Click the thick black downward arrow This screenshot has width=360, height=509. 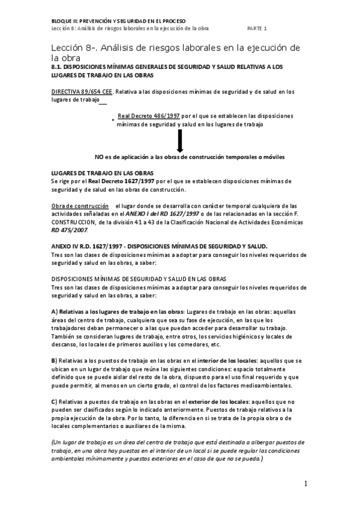[x=179, y=142]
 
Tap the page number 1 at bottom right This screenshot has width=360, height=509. [x=305, y=484]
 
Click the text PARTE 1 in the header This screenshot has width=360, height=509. [x=257, y=28]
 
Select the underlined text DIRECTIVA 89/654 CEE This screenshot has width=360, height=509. [x=82, y=92]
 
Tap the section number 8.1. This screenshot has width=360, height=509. [x=58, y=67]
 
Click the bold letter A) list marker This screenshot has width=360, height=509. [x=55, y=312]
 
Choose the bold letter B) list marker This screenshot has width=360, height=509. [x=55, y=360]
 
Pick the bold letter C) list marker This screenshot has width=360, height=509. [x=55, y=400]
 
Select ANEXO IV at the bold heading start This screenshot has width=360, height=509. [x=65, y=246]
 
